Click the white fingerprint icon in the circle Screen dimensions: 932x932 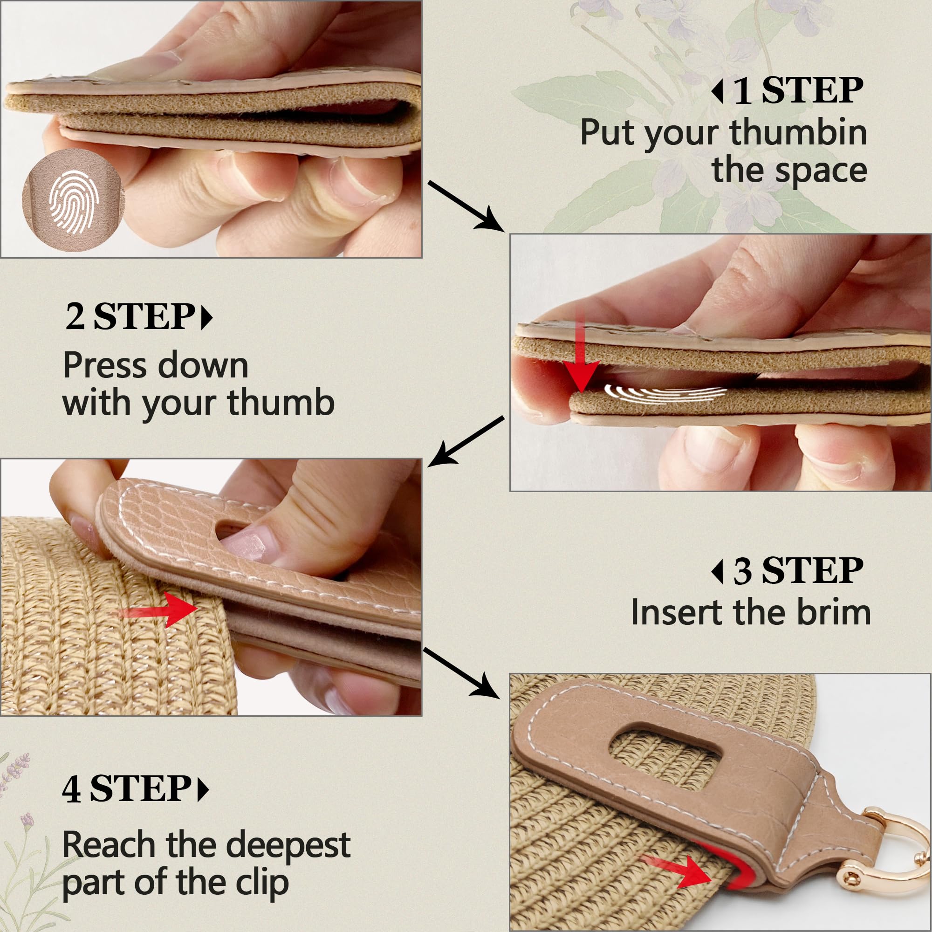74,202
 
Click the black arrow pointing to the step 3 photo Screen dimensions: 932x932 465,441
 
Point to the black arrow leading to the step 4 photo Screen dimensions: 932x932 461,673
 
